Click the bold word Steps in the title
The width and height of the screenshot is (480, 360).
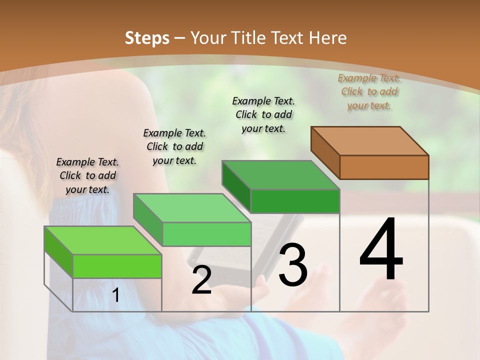[146, 38]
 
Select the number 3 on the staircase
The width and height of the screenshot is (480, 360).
[293, 265]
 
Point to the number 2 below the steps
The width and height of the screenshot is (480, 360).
[201, 280]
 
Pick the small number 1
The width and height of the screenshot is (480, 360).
[116, 295]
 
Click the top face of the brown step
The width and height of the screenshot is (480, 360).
[369, 141]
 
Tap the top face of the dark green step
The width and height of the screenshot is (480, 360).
[280, 175]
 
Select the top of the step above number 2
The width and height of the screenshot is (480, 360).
[191, 208]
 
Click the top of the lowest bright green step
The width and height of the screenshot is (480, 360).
[102, 240]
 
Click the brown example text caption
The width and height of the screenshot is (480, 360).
[369, 91]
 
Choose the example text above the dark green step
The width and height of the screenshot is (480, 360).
[263, 114]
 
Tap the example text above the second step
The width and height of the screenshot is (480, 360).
[174, 146]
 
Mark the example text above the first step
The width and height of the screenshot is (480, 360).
[87, 175]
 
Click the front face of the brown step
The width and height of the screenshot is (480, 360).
[384, 167]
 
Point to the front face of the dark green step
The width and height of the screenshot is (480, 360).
[295, 201]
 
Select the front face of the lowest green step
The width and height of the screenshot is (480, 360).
[117, 266]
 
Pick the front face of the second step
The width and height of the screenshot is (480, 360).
[206, 234]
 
